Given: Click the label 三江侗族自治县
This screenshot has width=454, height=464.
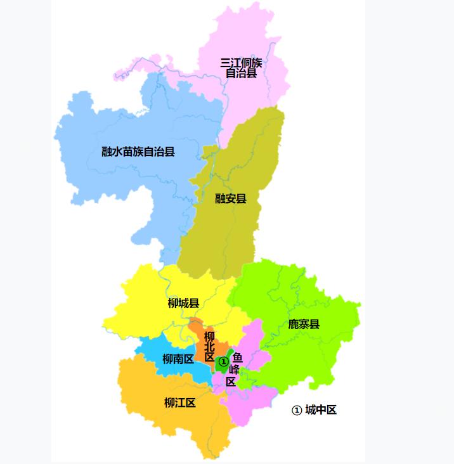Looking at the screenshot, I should (241, 68).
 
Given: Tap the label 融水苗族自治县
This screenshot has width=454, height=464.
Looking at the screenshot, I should (138, 151).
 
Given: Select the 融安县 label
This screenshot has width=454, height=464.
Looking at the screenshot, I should (230, 198).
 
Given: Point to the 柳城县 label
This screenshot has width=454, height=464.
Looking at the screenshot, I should (184, 303).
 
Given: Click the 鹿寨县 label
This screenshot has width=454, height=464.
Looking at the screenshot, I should (304, 324).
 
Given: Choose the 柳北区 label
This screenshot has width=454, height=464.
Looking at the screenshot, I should (210, 347).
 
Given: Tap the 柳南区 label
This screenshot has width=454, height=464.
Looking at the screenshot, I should (178, 359).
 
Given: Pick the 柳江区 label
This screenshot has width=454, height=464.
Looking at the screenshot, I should (179, 403).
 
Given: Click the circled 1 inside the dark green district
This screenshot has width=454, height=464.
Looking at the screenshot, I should (223, 361).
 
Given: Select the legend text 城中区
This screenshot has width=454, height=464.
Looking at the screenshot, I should (320, 409).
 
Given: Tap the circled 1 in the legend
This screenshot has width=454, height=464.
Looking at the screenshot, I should (296, 410).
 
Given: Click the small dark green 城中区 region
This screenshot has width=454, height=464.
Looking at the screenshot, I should (226, 356).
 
